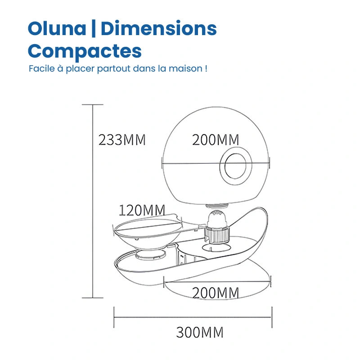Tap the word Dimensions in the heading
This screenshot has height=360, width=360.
(158, 29)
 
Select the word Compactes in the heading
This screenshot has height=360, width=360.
(85, 50)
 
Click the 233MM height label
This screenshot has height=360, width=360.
(122, 140)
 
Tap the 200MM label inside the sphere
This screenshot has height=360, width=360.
(216, 140)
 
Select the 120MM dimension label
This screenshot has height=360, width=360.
(142, 210)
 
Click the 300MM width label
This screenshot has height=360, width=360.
(199, 333)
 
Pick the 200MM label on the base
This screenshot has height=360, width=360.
(216, 292)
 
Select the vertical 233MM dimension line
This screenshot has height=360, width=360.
(92, 202)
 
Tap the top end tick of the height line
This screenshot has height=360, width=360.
(92, 105)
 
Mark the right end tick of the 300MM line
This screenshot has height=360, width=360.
(271, 317)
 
